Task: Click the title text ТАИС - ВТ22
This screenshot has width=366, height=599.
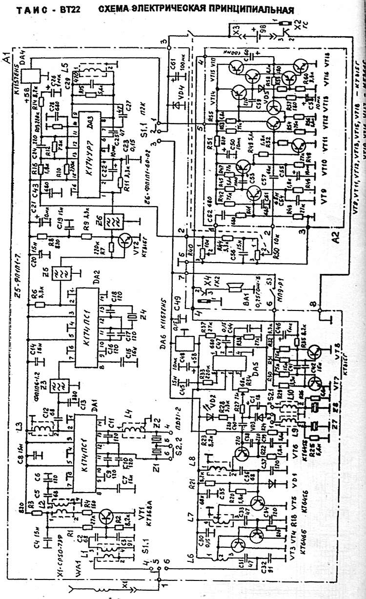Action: (41, 9)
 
